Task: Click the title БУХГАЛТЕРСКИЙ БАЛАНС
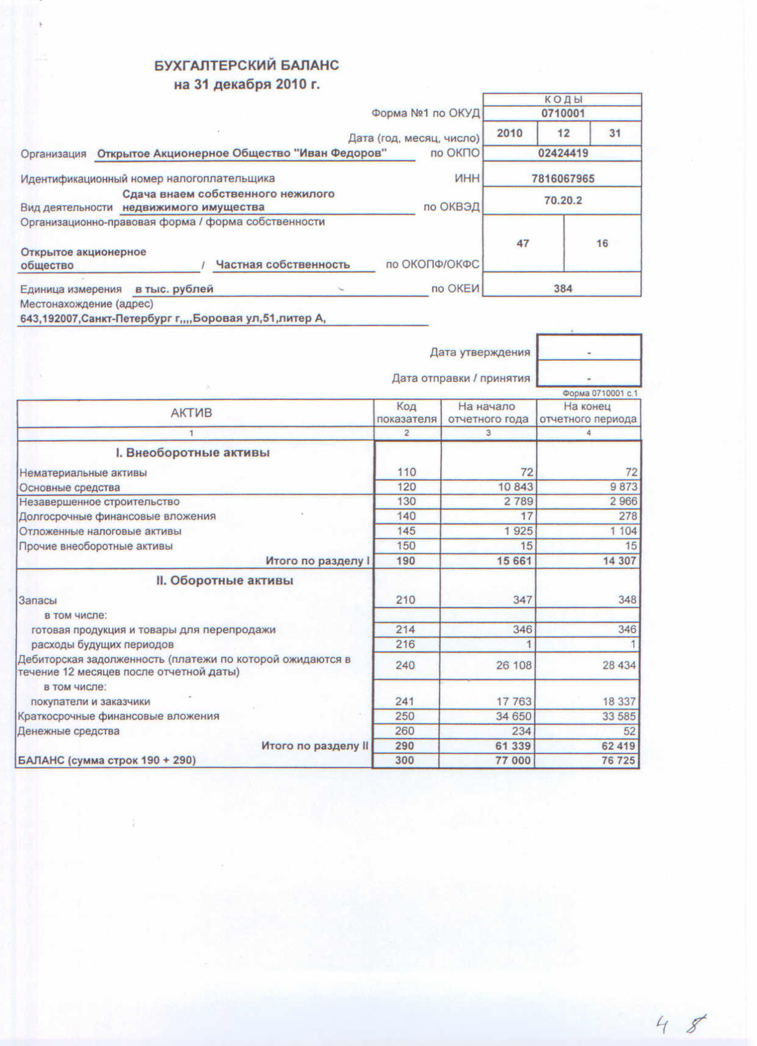pyautogui.click(x=247, y=65)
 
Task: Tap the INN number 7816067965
pyautogui.click(x=562, y=178)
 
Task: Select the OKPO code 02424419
pyautogui.click(x=562, y=153)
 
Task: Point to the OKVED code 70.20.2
pyautogui.click(x=562, y=200)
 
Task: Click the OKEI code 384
pyautogui.click(x=562, y=288)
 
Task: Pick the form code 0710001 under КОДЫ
pyautogui.click(x=562, y=113)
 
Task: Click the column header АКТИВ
pyautogui.click(x=191, y=413)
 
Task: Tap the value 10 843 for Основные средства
pyautogui.click(x=515, y=487)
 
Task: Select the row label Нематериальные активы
pyautogui.click(x=83, y=473)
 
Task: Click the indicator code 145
pyautogui.click(x=406, y=531)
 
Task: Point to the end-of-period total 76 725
pyautogui.click(x=618, y=761)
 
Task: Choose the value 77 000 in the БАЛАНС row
pyautogui.click(x=513, y=761)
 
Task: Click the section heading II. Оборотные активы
pyautogui.click(x=225, y=580)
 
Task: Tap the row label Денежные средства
pyautogui.click(x=68, y=731)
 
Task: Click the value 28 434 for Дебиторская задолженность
pyautogui.click(x=618, y=665)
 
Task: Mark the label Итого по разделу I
pyautogui.click(x=317, y=561)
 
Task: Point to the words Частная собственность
pyautogui.click(x=283, y=264)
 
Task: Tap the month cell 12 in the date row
pyautogui.click(x=563, y=133)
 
